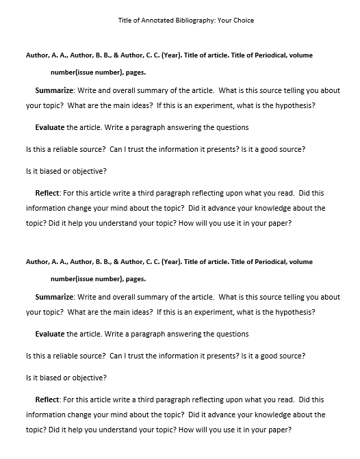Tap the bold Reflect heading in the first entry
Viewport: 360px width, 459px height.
click(x=47, y=194)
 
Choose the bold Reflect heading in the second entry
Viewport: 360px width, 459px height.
click(x=47, y=399)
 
